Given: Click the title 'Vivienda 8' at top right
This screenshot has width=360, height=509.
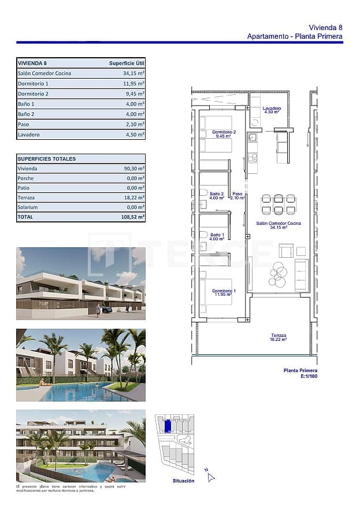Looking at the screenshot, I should [325, 27].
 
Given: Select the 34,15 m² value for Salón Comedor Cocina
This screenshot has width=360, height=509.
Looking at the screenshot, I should [133, 73].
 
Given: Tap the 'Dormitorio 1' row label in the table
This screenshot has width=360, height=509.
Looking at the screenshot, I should [33, 84].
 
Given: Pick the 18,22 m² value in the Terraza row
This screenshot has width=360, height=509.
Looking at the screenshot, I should [133, 197].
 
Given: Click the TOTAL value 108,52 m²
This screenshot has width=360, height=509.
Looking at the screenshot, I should [133, 217].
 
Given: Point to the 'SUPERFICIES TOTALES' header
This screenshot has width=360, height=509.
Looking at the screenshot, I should [47, 159].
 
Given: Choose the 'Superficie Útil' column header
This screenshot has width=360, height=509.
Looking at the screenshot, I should [127, 64].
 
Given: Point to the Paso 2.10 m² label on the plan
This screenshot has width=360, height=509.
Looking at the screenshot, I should [237, 196].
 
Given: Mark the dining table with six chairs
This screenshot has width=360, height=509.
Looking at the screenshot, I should [279, 205].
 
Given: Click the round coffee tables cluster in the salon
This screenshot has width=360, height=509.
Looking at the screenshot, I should [277, 274].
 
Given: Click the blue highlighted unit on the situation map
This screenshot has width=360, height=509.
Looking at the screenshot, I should [167, 426].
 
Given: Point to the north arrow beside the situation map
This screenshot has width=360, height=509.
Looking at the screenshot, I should [210, 475].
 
